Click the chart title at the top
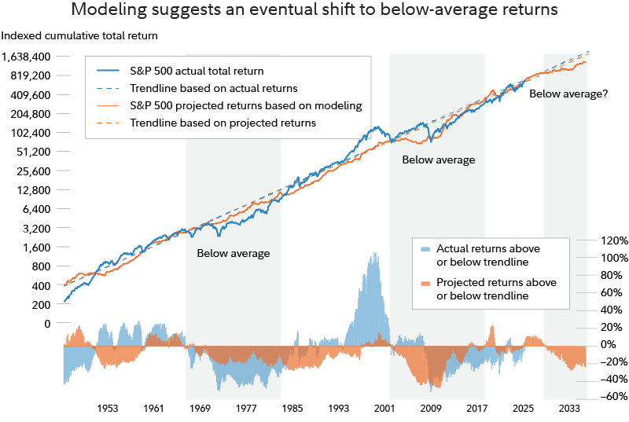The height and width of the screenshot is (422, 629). click(314, 11)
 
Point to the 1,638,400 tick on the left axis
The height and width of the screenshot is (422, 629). click(28, 57)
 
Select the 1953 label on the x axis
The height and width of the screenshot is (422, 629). click(108, 409)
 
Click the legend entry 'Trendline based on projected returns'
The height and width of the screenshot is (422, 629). click(223, 123)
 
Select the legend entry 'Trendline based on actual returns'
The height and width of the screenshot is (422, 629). click(213, 88)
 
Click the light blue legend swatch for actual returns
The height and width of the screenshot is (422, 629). click(425, 248)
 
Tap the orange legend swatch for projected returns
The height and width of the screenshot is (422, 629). click(425, 283)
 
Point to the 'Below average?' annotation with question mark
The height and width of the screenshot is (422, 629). click(568, 94)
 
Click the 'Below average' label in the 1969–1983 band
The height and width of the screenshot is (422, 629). click(234, 253)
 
